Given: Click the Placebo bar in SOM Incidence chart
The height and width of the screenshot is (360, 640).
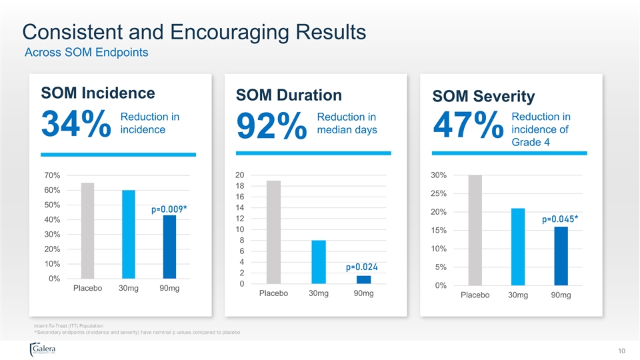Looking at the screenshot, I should coord(88,230).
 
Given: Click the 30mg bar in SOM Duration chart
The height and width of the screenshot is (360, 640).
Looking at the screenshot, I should coord(318,262).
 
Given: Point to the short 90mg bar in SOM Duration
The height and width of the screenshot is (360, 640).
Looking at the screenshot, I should coord(363,280).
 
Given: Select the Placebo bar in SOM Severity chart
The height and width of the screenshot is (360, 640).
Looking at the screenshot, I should coord(475,230).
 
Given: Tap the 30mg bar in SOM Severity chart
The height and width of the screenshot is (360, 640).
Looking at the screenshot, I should coord(518,247).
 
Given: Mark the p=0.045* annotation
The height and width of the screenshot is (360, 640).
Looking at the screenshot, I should coord(560,219).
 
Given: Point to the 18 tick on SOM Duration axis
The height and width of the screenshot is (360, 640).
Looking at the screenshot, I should coord(240,186).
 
